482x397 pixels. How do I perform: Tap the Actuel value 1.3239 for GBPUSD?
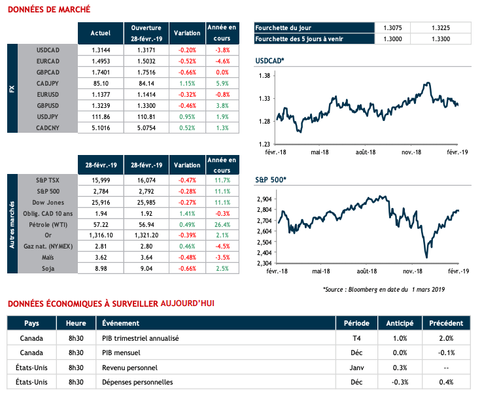pyautogui.click(x=100, y=105)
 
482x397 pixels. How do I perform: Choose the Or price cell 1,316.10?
pyautogui.click(x=100, y=233)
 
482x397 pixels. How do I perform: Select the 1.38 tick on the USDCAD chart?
pyautogui.click(x=265, y=76)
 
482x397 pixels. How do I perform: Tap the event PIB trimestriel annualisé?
pyautogui.click(x=141, y=338)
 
